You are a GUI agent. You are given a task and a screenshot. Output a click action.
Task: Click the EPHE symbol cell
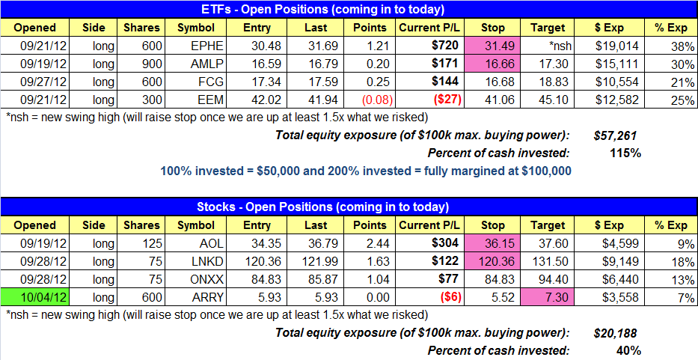point(200,45)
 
